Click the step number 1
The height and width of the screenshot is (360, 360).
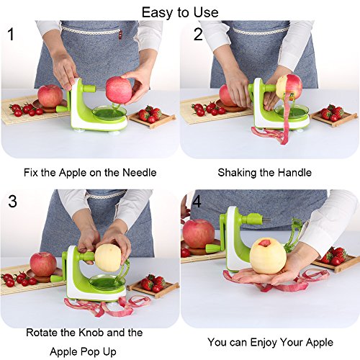pyautogui.click(x=11, y=34)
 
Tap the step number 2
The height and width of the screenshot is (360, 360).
pyautogui.click(x=198, y=34)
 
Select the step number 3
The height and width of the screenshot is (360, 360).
pyautogui.click(x=12, y=201)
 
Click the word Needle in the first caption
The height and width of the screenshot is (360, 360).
pyautogui.click(x=140, y=173)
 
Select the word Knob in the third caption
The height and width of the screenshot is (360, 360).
pyautogui.click(x=91, y=333)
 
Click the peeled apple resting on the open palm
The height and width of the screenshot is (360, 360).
pyautogui.click(x=268, y=257)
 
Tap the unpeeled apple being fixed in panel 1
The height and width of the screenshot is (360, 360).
pyautogui.click(x=119, y=90)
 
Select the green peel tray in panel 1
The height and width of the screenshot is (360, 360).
pyautogui.click(x=109, y=113)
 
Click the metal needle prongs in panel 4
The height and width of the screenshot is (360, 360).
pyautogui.click(x=266, y=220)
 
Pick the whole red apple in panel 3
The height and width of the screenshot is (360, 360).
pyautogui.click(x=43, y=264)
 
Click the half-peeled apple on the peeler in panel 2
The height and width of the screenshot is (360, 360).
pyautogui.click(x=289, y=86)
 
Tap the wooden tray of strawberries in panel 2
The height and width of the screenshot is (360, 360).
pyautogui.click(x=334, y=115)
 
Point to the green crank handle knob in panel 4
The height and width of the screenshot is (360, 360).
pyautogui.click(x=213, y=248)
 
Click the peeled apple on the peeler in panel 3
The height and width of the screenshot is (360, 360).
pyautogui.click(x=108, y=258)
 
